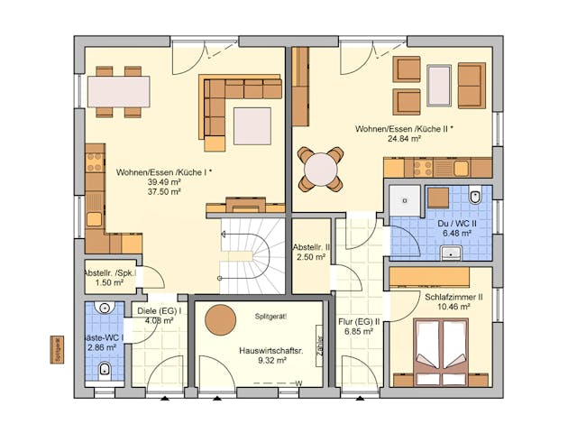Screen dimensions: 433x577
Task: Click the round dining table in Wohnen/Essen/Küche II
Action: (x=322, y=168)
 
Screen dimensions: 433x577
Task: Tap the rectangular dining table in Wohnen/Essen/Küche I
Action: (x=119, y=91)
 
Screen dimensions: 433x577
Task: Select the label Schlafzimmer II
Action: (x=453, y=297)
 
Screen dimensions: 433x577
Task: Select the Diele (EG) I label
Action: (x=160, y=311)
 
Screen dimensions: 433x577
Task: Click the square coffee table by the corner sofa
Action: (x=252, y=125)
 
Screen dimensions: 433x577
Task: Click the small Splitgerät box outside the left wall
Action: (x=58, y=349)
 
